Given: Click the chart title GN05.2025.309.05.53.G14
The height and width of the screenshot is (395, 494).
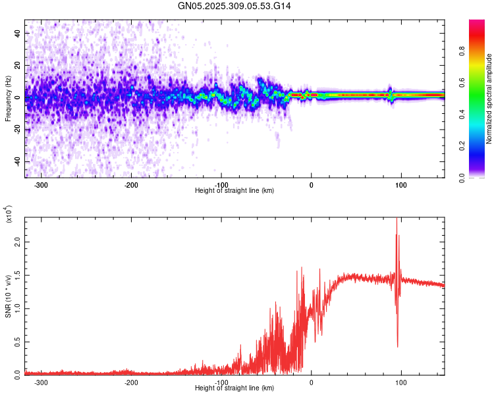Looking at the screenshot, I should click(x=230, y=6).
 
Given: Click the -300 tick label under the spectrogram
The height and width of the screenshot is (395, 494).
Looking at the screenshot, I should click(x=41, y=185).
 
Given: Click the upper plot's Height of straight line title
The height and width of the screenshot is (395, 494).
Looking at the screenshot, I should click(x=234, y=191).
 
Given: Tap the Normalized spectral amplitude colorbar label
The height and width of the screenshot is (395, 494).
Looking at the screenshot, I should click(x=489, y=99).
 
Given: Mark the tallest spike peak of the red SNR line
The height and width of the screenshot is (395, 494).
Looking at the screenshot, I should click(x=397, y=219).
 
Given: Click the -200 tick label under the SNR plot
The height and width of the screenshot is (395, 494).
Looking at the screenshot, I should click(x=131, y=382).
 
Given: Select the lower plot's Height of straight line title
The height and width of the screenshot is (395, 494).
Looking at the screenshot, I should click(x=234, y=388).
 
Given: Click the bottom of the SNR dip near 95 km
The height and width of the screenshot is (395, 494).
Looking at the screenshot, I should click(x=397, y=346).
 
